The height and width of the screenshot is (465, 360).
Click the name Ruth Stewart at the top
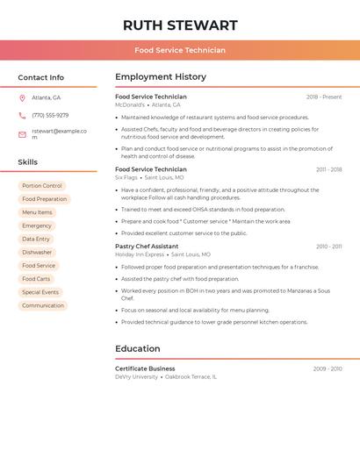[180, 25]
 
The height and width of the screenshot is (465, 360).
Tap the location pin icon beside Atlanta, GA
[22, 97]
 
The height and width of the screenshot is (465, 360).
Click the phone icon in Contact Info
[22, 115]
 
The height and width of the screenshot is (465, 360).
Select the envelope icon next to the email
[22, 134]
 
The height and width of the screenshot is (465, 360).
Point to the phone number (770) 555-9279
[50, 115]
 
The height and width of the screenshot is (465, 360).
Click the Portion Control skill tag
[42, 186]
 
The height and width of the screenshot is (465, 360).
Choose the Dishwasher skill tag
[37, 253]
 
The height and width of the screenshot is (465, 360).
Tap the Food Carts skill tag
[36, 279]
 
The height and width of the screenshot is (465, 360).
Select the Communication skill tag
[43, 305]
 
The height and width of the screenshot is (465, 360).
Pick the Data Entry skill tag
[36, 239]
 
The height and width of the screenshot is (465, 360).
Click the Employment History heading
[161, 77]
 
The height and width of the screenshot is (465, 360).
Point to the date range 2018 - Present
[324, 97]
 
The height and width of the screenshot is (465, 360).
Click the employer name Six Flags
[126, 177]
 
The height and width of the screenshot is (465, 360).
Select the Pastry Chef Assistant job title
[147, 247]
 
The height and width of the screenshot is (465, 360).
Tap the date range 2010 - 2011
[329, 247]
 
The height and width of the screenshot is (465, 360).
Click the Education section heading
[138, 348]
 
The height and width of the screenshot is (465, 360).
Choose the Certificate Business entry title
[145, 368]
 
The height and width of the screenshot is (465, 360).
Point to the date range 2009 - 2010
[328, 368]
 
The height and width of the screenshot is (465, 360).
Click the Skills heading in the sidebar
[28, 162]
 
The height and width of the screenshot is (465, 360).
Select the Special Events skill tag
[40, 292]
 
